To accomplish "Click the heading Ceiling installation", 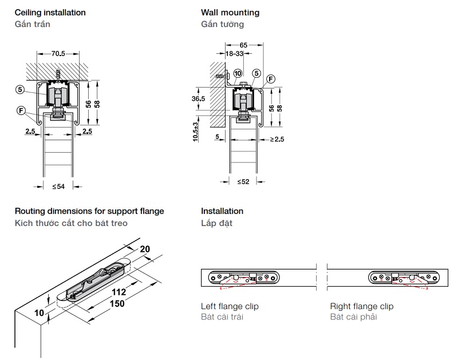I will point(50,12).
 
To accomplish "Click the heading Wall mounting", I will point(230,12).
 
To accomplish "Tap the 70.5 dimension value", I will point(58,54).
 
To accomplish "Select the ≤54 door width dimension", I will point(58,186).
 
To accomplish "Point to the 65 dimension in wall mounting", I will point(244,44).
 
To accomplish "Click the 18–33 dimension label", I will point(235,53).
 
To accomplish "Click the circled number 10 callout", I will point(237,73).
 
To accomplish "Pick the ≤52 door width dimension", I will point(243,181).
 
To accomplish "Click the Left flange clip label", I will point(230,306).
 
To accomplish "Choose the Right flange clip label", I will point(362,306).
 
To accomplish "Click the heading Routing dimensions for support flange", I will point(89,211).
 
